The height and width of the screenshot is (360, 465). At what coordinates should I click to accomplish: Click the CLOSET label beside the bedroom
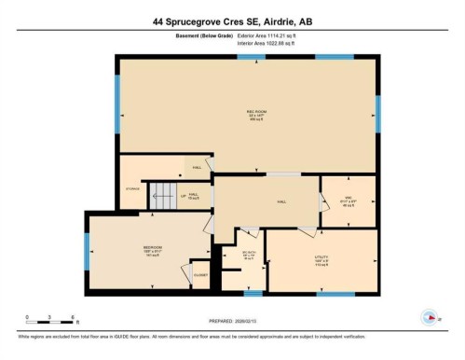tap(199, 274)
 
